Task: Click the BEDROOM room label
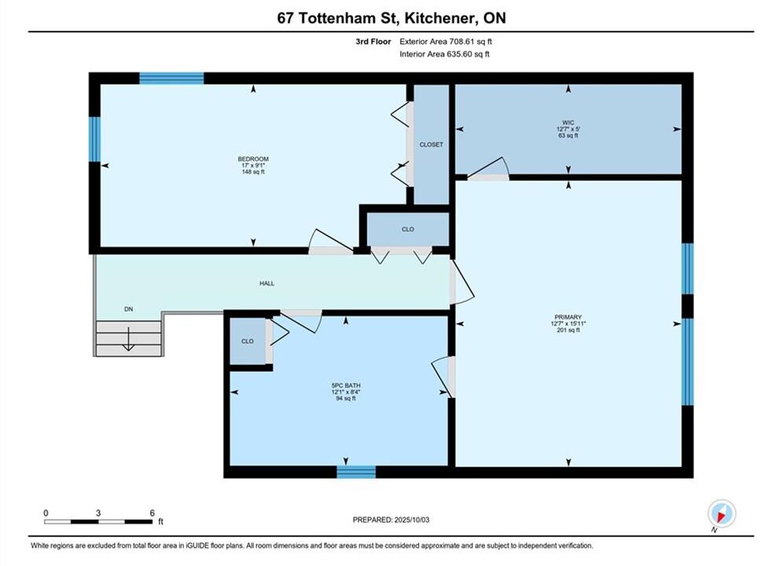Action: coord(253,159)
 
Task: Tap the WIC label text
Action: coord(568,123)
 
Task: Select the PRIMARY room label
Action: coord(568,317)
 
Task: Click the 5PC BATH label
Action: coord(346,385)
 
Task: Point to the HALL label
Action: coord(266,283)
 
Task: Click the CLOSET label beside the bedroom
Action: coord(431,145)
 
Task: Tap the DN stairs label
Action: coord(129,309)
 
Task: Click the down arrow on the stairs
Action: coord(129,339)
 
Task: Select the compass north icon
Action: coord(721,513)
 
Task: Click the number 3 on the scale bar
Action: coord(98,513)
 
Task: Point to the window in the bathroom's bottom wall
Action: coord(356,472)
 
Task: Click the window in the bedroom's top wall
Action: coord(171,79)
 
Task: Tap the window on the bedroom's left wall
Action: coord(95,139)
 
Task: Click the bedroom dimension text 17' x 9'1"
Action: coord(253,166)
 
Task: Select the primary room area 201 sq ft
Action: coord(568,330)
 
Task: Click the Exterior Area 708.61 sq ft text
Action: coord(446,42)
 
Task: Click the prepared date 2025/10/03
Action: coord(412,520)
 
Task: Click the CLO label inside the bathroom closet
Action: coord(248,342)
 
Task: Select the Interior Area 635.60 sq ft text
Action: coord(444,54)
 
